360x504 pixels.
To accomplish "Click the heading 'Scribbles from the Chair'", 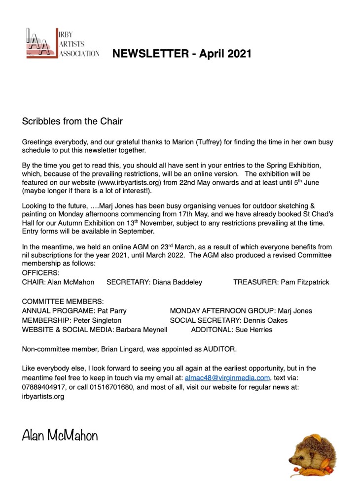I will coord(72,121).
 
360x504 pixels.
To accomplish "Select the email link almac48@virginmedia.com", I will coord(227,378).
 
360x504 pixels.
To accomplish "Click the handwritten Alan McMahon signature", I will coord(60,436).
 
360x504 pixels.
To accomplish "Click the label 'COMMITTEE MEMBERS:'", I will coord(63,301).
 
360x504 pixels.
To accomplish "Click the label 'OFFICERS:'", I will coord(41,273).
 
